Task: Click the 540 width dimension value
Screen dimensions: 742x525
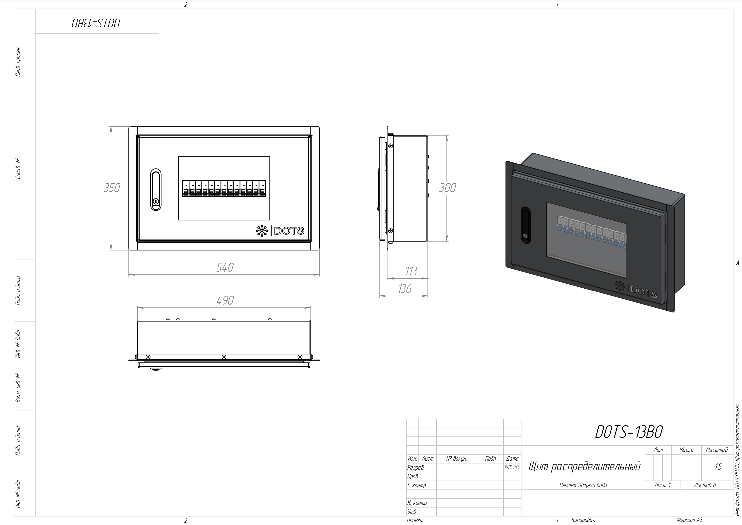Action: pyautogui.click(x=225, y=267)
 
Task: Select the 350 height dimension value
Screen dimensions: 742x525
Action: pyautogui.click(x=112, y=187)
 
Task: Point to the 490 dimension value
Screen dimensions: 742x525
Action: pyautogui.click(x=225, y=300)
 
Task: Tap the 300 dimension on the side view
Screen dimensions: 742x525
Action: pyautogui.click(x=447, y=187)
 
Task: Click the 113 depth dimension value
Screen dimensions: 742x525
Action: pyautogui.click(x=411, y=271)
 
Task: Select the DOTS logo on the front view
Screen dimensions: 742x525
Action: pyautogui.click(x=280, y=231)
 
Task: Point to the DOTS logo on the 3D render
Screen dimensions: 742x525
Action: pyautogui.click(x=636, y=290)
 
